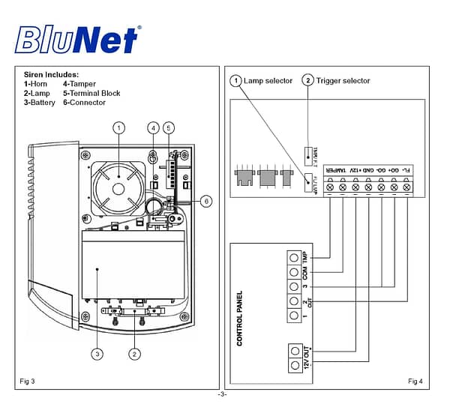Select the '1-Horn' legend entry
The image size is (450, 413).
tap(37, 84)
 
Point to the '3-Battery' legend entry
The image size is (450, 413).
tap(40, 103)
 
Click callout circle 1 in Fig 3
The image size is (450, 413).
tap(118, 128)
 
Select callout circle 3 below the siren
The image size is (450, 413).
tap(97, 353)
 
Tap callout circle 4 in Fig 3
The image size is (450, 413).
tap(154, 128)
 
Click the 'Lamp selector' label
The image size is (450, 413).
tap(269, 81)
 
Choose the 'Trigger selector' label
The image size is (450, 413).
tap(343, 81)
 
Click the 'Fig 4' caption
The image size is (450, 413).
tap(415, 382)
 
